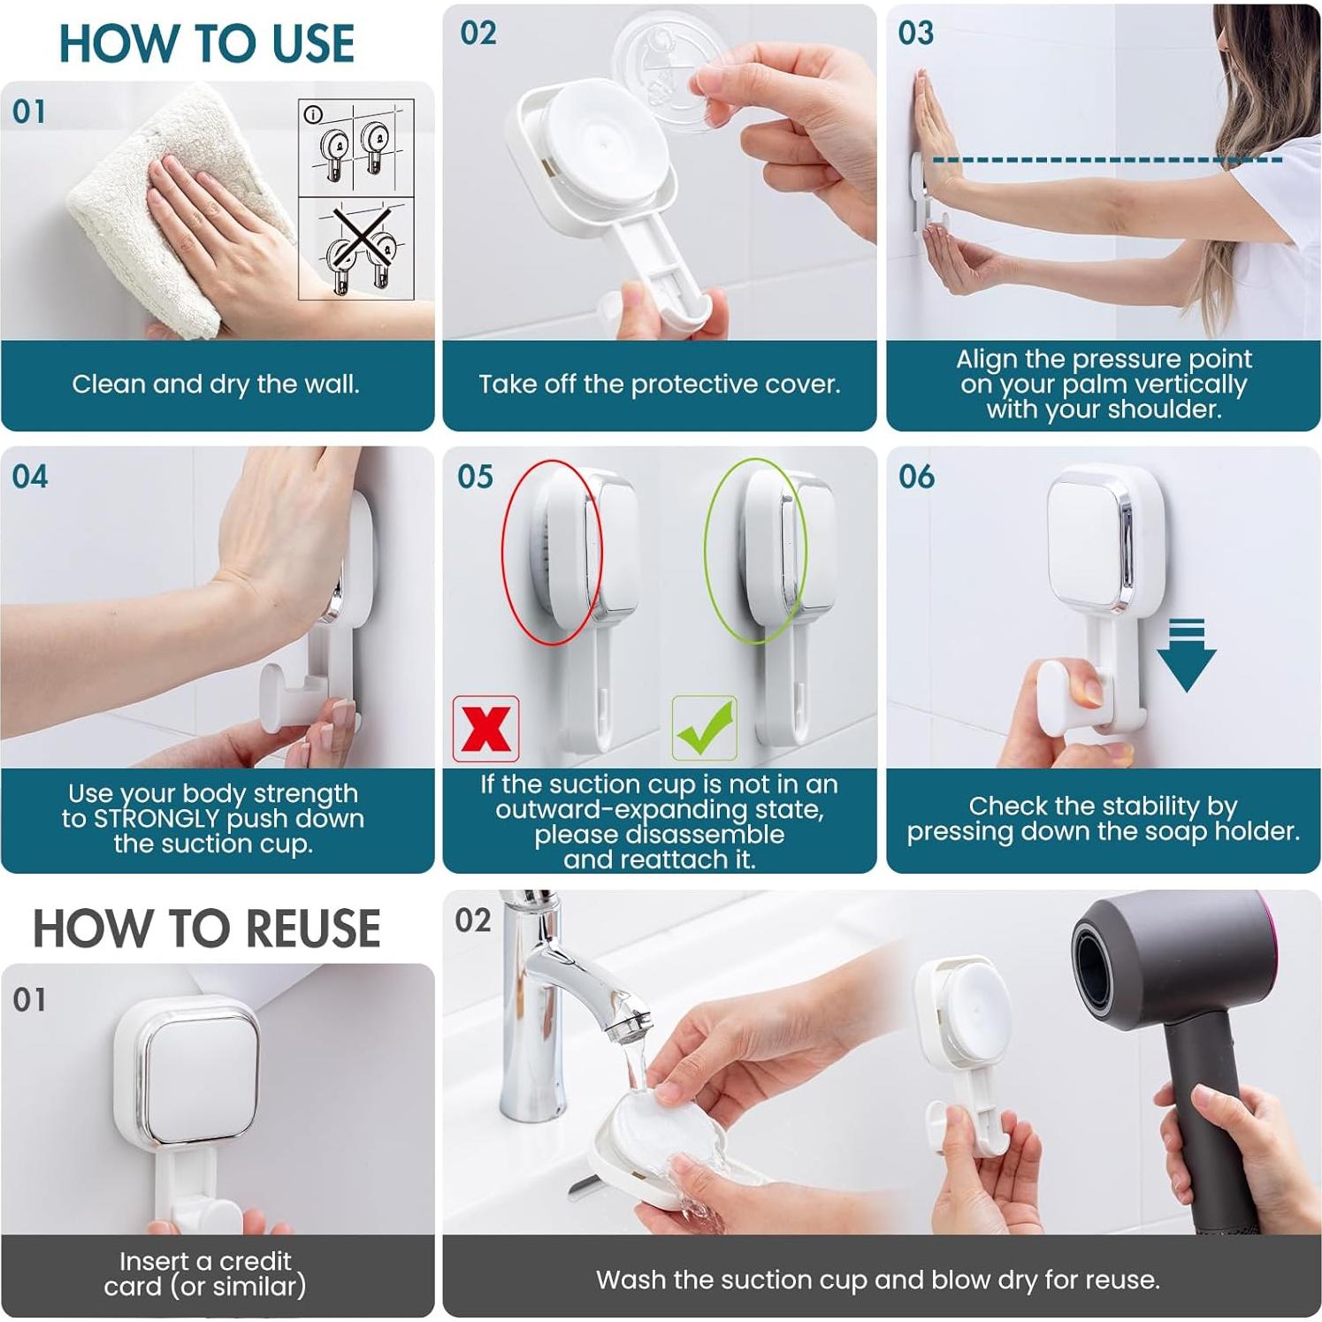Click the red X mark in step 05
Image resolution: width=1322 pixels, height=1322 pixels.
click(x=485, y=729)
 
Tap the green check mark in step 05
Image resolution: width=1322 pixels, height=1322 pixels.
click(x=705, y=727)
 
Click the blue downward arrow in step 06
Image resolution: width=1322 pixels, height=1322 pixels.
click(x=1187, y=655)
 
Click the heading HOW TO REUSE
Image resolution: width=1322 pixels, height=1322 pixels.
click(x=207, y=928)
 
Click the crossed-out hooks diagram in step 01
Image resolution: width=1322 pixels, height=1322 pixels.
click(x=356, y=248)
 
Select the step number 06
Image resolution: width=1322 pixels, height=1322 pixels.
click(x=916, y=477)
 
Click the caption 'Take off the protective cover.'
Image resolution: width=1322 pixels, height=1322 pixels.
click(x=660, y=384)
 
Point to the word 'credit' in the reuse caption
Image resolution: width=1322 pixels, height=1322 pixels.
click(x=256, y=1260)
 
